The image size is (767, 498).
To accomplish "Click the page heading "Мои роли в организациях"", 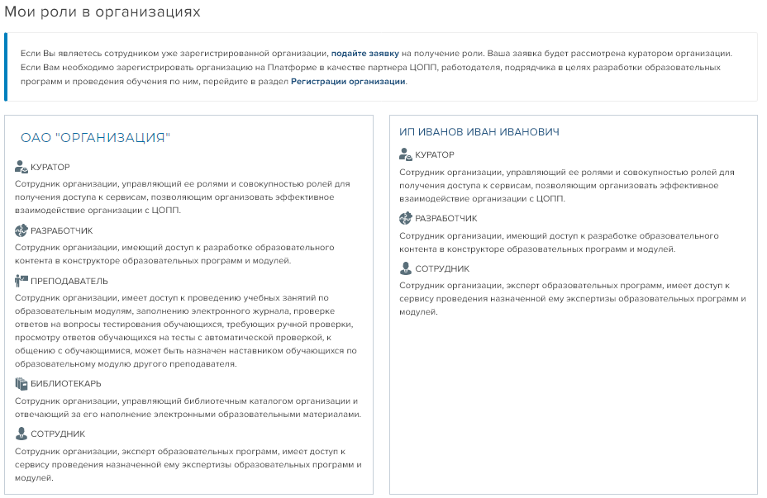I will point(102,12).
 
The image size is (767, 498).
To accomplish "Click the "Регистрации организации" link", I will point(348,82).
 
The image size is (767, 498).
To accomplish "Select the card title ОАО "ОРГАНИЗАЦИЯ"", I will point(95,138).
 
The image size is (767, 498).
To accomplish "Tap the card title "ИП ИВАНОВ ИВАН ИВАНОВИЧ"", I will point(479,132).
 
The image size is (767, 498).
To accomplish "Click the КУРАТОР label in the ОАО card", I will point(50,167).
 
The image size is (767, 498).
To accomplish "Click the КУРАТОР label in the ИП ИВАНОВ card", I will point(434,154).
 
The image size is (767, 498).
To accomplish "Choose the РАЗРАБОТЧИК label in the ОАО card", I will point(62,230).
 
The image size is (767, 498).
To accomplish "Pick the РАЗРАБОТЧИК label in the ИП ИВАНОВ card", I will point(445,218).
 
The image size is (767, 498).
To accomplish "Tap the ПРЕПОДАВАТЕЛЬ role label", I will point(69,281).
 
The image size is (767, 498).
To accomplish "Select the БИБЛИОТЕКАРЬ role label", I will point(66,384).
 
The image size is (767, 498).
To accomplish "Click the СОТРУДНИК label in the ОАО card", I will point(58,434).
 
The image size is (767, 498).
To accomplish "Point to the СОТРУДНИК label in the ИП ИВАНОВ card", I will point(442,268).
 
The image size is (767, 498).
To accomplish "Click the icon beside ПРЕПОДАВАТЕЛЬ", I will point(21,281).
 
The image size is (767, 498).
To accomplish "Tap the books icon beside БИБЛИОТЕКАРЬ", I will point(21,384).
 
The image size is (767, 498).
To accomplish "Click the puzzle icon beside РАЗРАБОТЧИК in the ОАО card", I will point(21,230).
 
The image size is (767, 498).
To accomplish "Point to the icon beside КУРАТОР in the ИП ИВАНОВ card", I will point(406,154).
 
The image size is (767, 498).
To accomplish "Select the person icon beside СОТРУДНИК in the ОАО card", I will point(21,434).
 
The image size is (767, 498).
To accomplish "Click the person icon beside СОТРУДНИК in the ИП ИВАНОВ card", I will point(406,268).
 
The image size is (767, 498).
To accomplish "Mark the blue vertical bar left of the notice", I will point(6,67).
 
